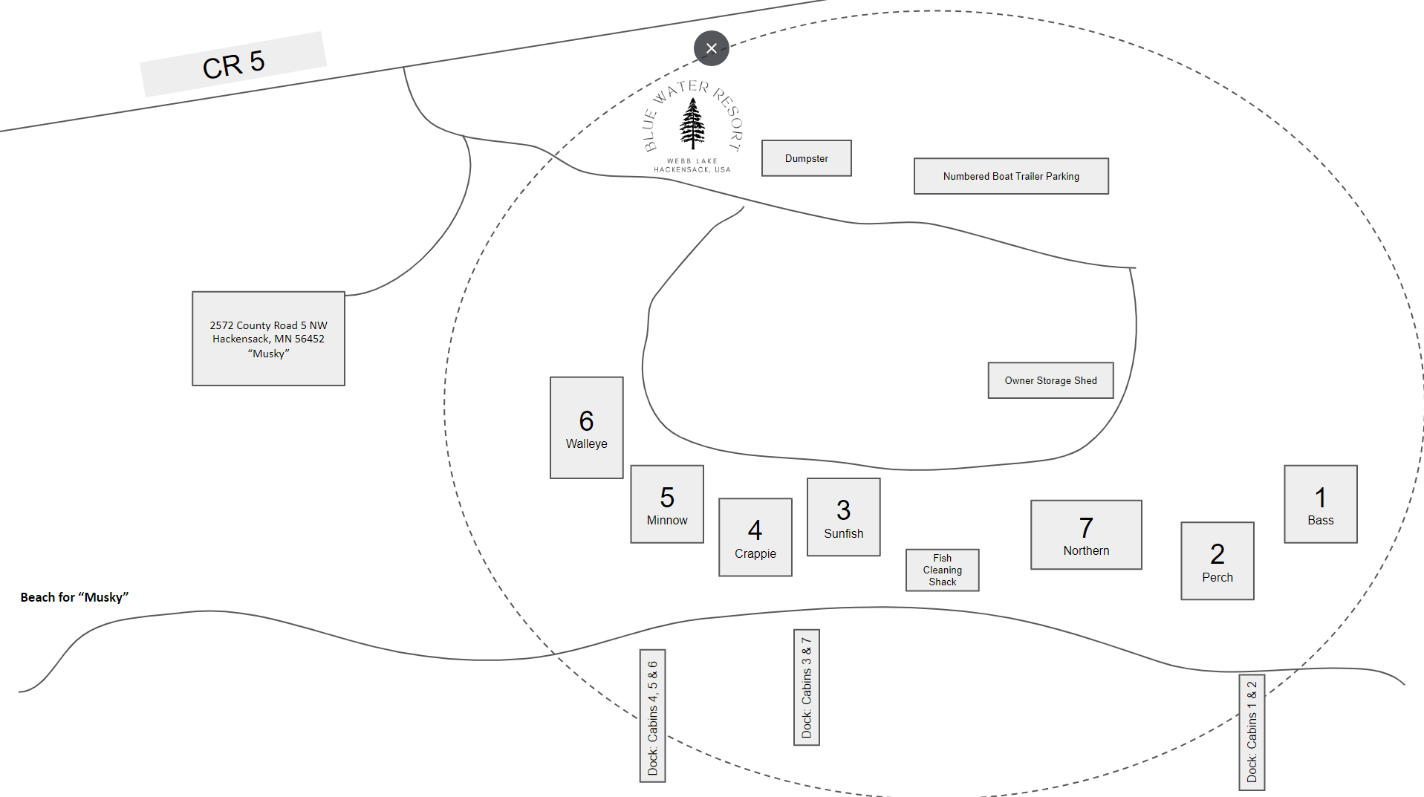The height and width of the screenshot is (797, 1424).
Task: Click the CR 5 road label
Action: tap(233, 64)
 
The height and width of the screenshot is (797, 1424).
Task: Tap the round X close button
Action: tap(711, 48)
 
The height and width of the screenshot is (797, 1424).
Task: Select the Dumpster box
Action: tap(806, 158)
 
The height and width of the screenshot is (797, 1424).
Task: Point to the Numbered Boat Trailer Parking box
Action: tap(1011, 176)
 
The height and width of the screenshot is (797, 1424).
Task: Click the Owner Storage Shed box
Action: tap(1050, 380)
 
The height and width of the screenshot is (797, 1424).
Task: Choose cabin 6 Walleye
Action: tap(586, 428)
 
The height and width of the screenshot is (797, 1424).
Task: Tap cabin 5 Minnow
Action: tap(667, 504)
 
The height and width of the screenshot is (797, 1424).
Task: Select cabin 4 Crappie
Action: tap(755, 537)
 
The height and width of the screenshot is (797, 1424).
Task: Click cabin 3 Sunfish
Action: tap(844, 517)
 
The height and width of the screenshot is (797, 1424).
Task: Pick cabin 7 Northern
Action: tap(1086, 535)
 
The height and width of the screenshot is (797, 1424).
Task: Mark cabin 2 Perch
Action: tap(1217, 561)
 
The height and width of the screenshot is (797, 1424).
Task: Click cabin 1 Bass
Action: tap(1321, 504)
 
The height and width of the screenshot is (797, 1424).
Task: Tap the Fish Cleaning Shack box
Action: tap(943, 570)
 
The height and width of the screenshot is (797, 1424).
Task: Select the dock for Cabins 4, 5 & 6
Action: tap(652, 716)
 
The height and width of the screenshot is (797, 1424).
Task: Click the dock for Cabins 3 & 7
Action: tap(807, 687)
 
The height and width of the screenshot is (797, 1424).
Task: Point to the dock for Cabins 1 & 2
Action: tap(1252, 732)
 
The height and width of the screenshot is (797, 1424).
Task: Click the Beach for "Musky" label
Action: tap(74, 597)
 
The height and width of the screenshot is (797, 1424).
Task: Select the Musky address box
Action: tap(268, 339)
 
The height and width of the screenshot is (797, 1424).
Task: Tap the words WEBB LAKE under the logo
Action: tap(692, 161)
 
